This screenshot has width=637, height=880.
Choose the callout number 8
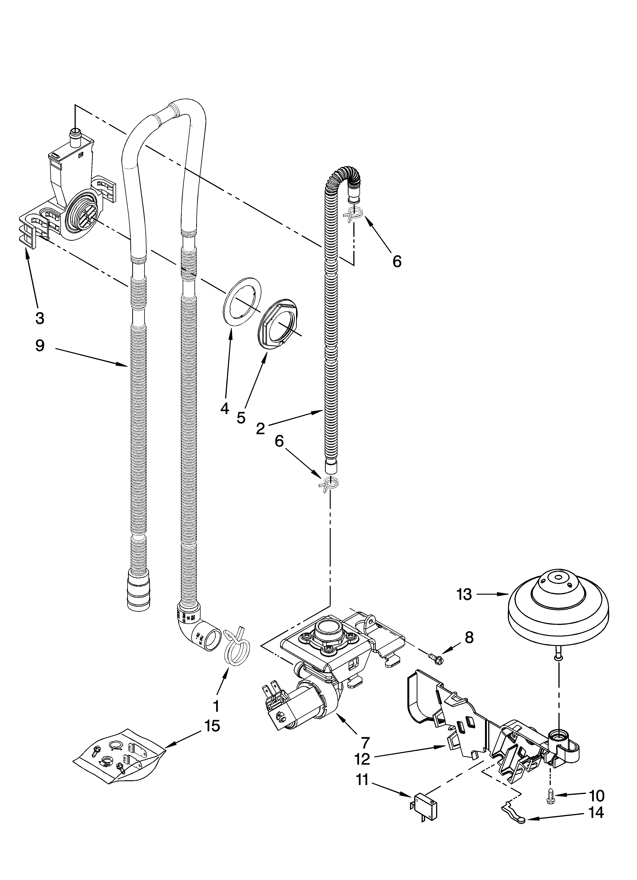[x=469, y=637]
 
